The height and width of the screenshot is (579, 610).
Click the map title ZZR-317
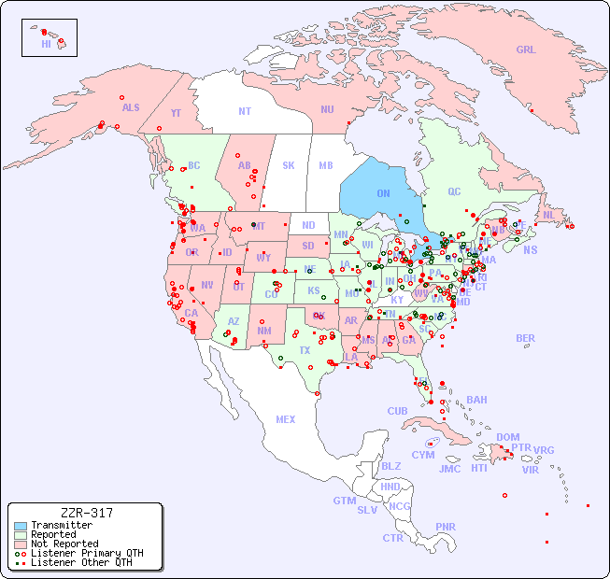pos(86,513)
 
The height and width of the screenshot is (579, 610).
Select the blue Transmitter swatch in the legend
pos(21,526)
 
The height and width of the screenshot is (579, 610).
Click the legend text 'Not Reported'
pos(64,544)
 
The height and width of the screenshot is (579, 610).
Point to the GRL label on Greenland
pos(526,49)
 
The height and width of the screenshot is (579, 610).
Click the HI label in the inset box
pos(46,44)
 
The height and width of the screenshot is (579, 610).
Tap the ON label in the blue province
pos(383,193)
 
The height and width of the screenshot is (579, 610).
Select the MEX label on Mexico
pos(286,419)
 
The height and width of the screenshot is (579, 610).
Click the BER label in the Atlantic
pos(526,338)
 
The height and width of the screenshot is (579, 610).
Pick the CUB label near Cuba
pos(398,411)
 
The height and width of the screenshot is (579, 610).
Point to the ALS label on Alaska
pos(131,107)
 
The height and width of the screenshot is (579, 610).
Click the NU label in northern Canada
pos(327,109)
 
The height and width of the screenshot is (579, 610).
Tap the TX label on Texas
pos(305,350)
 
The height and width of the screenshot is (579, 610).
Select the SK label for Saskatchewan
pos(289,165)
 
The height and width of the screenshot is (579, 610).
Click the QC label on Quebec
pos(454,191)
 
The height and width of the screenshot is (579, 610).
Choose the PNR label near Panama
pos(446,527)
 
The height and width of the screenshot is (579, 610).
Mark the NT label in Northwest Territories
pos(245,110)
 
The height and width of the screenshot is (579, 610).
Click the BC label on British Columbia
pos(194,165)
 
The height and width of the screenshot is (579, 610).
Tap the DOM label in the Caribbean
pos(507,437)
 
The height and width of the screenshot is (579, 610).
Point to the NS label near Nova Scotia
pos(530,249)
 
